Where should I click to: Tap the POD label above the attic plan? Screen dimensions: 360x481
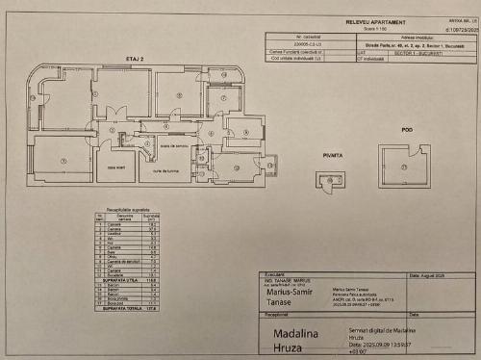point(407,129)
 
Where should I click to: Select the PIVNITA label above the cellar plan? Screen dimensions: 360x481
point(334,153)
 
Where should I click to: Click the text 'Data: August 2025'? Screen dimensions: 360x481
point(429,275)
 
